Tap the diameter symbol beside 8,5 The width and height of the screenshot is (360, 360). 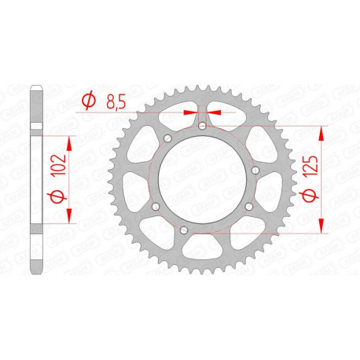88,100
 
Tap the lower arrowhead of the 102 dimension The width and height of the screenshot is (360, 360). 72,215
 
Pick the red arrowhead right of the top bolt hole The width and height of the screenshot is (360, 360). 213,112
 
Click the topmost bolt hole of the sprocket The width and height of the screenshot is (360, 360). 201,125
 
